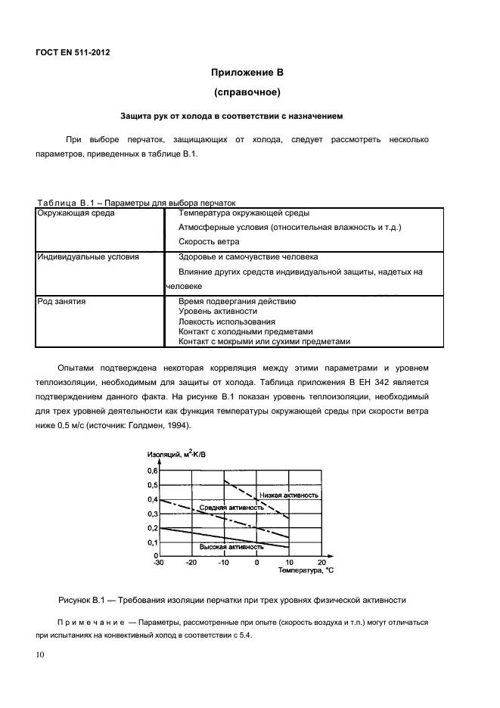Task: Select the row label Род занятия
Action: pyautogui.click(x=61, y=301)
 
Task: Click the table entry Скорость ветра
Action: pyautogui.click(x=209, y=242)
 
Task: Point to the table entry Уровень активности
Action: pyautogui.click(x=216, y=311)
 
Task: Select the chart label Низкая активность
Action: pyautogui.click(x=288, y=495)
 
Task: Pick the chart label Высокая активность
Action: pyautogui.click(x=231, y=546)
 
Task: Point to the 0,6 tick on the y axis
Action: pyautogui.click(x=152, y=470)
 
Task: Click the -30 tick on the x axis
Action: pyautogui.click(x=158, y=563)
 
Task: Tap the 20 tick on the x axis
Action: pyautogui.click(x=321, y=563)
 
